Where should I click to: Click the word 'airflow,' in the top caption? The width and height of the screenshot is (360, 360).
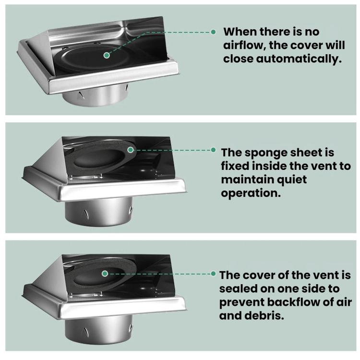click(x=244, y=46)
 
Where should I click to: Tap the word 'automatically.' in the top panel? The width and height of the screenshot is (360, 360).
click(x=299, y=59)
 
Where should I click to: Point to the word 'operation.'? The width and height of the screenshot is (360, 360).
click(x=251, y=193)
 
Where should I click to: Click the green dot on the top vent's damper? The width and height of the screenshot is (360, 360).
click(x=107, y=55)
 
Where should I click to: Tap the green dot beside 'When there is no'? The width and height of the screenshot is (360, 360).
click(x=213, y=32)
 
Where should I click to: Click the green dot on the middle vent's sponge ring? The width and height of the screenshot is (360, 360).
click(x=131, y=150)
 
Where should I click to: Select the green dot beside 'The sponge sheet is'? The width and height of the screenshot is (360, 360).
click(x=213, y=150)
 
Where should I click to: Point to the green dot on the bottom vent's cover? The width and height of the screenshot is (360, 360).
click(x=105, y=274)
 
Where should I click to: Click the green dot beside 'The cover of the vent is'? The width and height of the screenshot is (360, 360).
click(x=213, y=274)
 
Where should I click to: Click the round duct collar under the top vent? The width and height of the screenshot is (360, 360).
click(x=96, y=96)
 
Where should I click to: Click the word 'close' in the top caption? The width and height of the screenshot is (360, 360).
click(x=238, y=59)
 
